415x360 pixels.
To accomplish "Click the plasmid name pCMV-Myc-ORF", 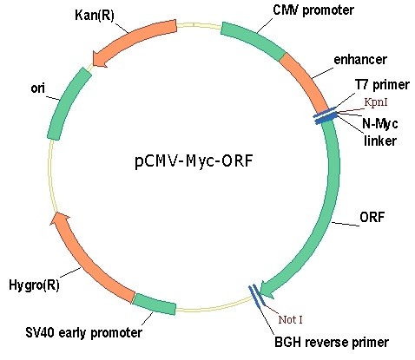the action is coord(194,160).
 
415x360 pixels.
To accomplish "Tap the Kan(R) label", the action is coord(95,15).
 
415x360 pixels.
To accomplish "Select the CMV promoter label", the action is coord(313,10).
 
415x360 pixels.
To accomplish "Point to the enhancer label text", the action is coord(360,60).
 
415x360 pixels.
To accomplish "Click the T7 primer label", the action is coord(382,85).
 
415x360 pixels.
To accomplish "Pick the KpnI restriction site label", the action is coord(376,102).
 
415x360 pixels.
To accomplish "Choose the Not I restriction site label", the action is coord(290,319).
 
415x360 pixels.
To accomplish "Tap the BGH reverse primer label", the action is coord(332,343).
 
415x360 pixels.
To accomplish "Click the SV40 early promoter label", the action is coord(83,332).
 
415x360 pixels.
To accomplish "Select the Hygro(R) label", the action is coord(34,285).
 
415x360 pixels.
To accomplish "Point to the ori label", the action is coord(37,88).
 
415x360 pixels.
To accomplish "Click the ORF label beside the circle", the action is coord(372,217).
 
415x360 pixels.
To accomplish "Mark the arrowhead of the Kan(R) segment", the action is coord(99,59).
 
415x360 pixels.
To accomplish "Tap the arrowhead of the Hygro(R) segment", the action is coord(60,219).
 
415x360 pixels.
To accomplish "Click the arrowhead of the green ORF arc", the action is coord(267,290).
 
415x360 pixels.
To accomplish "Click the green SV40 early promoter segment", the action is coord(155,304).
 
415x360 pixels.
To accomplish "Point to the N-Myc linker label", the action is coord(379,132).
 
